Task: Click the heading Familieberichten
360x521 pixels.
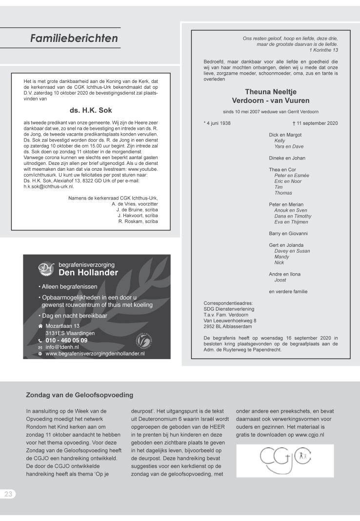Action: (74, 38)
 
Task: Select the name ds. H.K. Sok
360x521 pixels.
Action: (91, 110)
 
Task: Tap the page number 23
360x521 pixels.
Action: (9, 494)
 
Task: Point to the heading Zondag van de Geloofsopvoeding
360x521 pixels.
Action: (80, 395)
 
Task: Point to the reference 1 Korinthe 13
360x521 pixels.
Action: (323, 50)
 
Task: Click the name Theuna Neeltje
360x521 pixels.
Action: (270, 91)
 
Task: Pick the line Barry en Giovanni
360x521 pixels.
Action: (288, 234)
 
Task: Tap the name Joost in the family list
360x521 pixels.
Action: (280, 280)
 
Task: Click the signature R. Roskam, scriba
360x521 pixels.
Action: (138, 221)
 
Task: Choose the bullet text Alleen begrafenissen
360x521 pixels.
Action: (70, 286)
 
